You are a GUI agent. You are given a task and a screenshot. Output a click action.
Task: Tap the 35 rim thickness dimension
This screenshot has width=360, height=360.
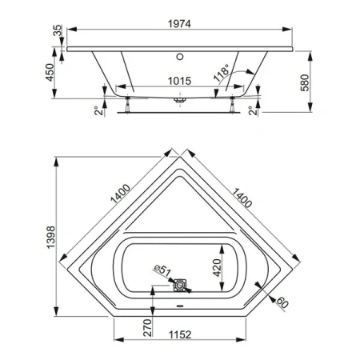pyautogui.click(x=56, y=31)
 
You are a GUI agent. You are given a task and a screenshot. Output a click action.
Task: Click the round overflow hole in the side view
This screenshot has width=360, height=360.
pyautogui.click(x=180, y=57)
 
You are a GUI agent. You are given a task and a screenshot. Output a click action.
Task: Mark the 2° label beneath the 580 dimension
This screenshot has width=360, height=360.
pyautogui.click(x=253, y=110)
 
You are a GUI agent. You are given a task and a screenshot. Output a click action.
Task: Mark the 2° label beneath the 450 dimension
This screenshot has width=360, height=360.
pyautogui.click(x=98, y=110)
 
